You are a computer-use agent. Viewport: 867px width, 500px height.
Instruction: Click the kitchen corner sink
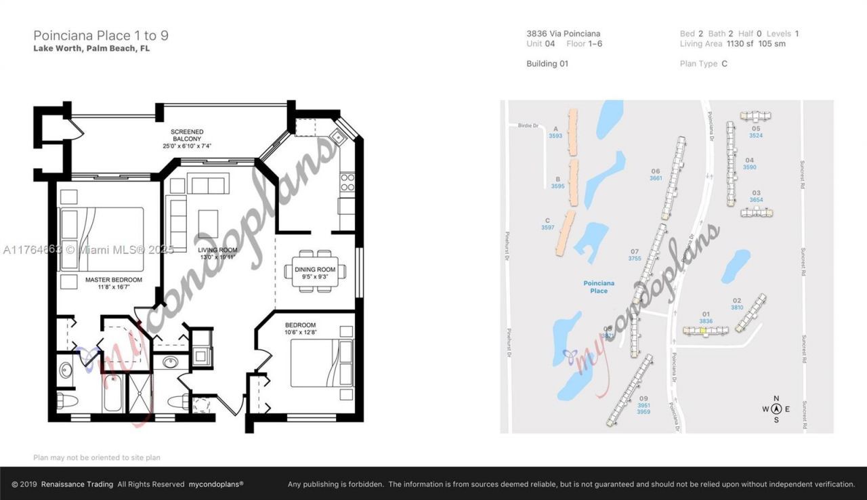337,138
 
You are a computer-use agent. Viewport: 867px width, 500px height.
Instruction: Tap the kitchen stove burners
347,182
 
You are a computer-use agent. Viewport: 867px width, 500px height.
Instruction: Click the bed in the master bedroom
103,238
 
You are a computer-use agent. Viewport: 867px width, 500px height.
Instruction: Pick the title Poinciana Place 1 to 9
101,35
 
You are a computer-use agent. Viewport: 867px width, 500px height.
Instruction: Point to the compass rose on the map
776,409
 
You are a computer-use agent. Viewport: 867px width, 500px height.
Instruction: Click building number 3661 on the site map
655,178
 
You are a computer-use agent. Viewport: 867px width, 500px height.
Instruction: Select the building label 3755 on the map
635,259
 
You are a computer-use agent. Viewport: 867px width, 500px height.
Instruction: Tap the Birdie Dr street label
527,125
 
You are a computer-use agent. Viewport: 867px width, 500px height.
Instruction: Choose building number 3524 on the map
756,136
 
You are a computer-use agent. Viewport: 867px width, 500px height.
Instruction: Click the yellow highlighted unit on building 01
703,331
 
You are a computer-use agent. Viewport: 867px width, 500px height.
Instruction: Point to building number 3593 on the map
555,136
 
